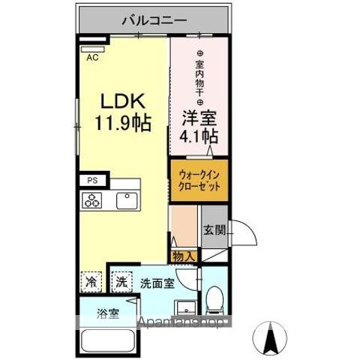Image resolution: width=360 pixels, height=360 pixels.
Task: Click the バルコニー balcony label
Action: (156, 20)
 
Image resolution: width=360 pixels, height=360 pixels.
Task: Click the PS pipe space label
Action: (92, 181)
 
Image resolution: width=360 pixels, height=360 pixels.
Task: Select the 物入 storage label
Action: (184, 256)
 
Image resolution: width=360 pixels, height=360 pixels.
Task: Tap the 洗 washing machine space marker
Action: (120, 283)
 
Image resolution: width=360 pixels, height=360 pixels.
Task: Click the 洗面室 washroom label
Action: (157, 283)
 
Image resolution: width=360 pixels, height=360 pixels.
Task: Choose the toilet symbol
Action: (214, 300)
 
